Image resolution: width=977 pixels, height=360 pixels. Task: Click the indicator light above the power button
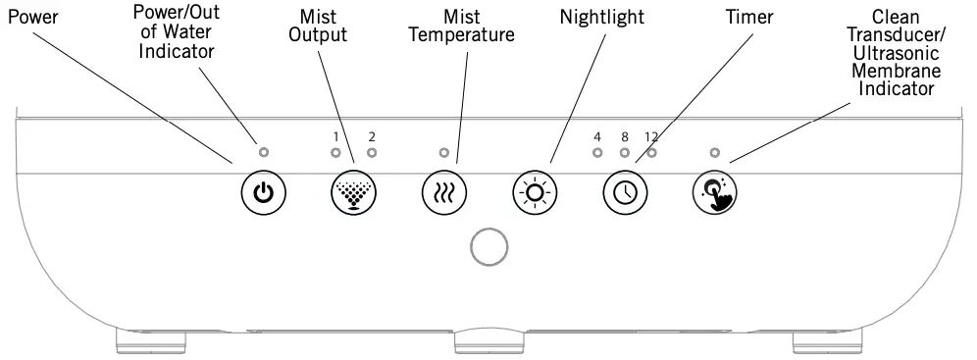[263, 153]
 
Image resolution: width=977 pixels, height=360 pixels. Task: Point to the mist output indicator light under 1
[335, 153]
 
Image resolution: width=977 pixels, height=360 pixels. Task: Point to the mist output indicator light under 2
[371, 153]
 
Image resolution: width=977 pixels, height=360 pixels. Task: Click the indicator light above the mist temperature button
[443, 153]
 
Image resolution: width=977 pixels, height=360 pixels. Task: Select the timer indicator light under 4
[597, 153]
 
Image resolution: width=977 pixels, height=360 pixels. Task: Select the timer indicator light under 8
[624, 153]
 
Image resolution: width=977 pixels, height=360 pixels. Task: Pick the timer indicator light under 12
[651, 153]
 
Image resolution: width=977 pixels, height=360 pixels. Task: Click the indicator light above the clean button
[715, 153]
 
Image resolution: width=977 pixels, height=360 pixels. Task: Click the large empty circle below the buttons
[488, 247]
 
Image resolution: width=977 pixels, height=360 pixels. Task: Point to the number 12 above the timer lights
[652, 136]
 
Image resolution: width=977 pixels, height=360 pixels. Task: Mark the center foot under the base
[488, 342]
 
